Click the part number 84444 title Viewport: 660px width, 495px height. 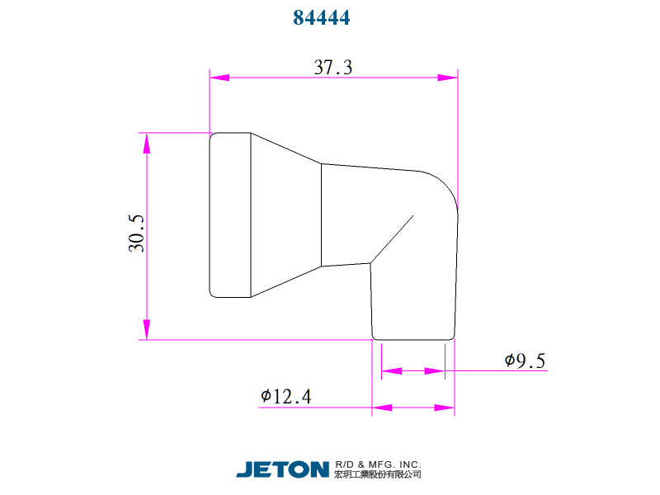click(x=322, y=17)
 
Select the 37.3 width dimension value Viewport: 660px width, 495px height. click(x=333, y=68)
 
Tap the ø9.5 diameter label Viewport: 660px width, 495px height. click(x=525, y=361)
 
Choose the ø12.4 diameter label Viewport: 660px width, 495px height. click(x=285, y=396)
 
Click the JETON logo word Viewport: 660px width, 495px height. click(x=282, y=469)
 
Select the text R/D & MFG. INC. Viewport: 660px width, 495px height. click(x=378, y=464)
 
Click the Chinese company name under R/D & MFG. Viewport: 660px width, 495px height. click(x=378, y=474)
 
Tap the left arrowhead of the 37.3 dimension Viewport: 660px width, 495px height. click(x=219, y=78)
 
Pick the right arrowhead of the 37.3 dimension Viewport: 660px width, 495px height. click(x=447, y=78)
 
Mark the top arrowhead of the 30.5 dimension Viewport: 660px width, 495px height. click(x=147, y=143)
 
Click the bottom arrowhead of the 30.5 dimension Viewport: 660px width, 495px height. click(x=147, y=329)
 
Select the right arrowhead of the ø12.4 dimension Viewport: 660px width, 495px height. click(x=445, y=407)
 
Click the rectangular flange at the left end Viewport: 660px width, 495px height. click(x=230, y=214)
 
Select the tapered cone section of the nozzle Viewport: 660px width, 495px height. click(x=285, y=214)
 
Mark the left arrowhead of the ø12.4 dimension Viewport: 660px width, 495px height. click(x=382, y=407)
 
